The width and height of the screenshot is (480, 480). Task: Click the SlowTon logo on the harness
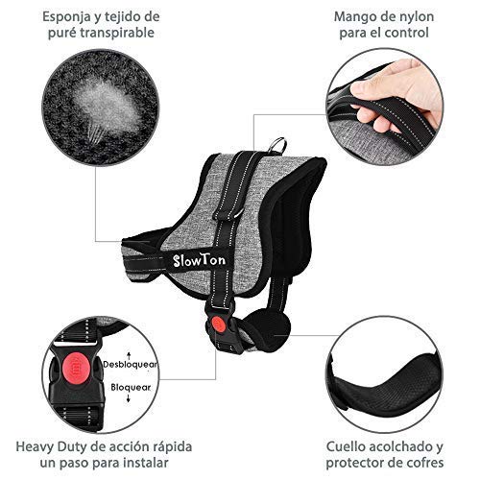pos(199,260)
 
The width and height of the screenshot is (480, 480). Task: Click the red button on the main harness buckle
pos(218,324)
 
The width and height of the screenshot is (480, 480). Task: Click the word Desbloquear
pos(131,364)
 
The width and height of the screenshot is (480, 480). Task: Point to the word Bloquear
pos(131,387)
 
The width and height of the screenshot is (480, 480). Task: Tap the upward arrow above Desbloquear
pos(129,355)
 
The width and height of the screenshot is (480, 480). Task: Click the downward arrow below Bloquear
pos(129,398)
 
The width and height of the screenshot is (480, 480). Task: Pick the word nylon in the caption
pos(416,17)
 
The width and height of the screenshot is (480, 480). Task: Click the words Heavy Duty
pos(51,447)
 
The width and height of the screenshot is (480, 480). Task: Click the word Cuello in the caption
pos(347,446)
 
